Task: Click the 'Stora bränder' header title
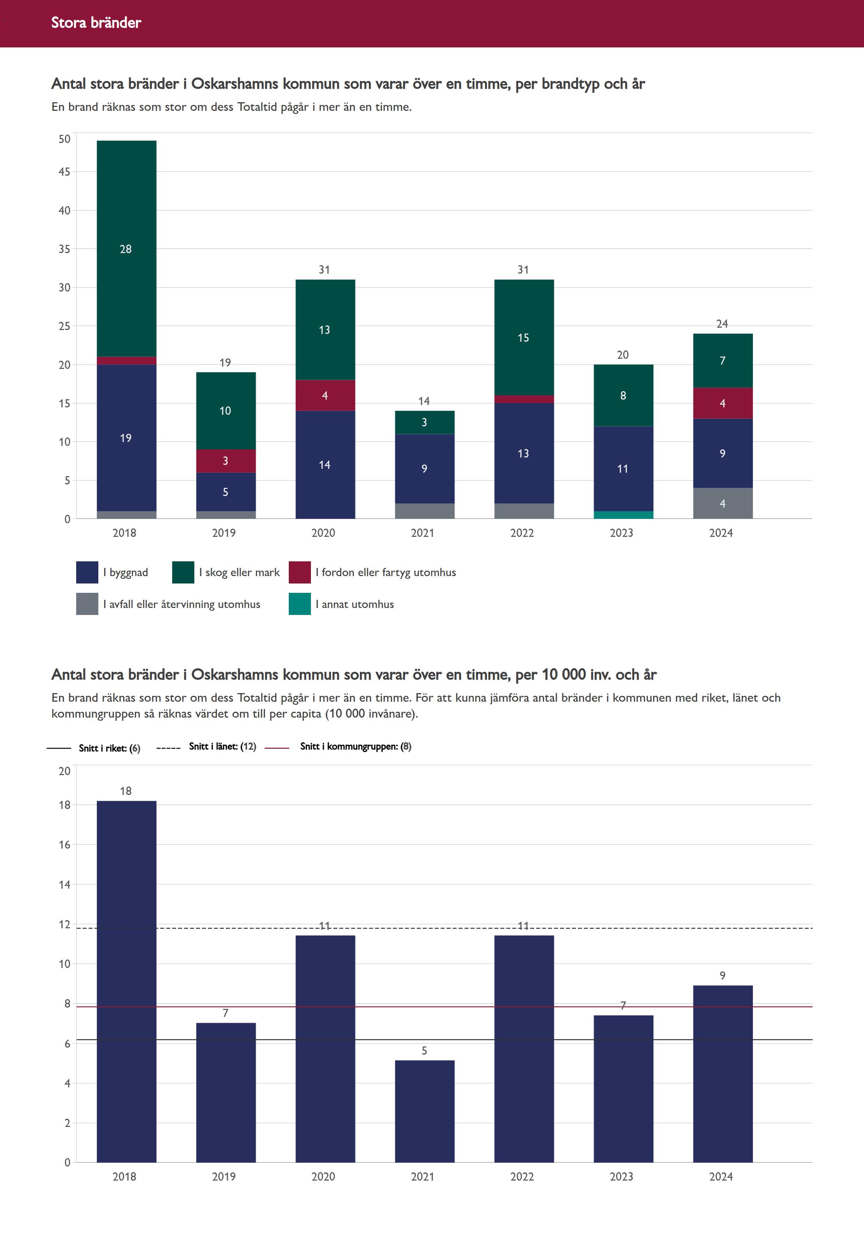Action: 96,23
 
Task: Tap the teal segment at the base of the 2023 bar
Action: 623,515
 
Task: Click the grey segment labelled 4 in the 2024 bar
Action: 722,503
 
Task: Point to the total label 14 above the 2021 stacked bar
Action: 424,401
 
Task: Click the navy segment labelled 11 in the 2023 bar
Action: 623,468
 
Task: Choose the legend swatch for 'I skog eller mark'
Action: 183,572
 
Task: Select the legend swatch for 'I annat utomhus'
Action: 299,604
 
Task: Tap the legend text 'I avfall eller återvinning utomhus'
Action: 182,604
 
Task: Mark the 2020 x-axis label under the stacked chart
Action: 323,533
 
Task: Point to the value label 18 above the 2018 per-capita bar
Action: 126,791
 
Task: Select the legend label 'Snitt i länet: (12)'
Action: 222,747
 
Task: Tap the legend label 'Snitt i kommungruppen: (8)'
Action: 356,747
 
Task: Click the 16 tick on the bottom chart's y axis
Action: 65,845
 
